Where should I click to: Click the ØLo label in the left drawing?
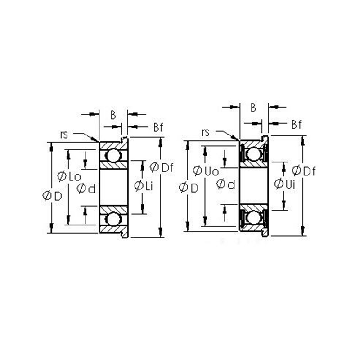click(69, 176)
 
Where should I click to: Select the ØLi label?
click(144, 186)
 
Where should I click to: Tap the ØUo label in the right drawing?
click(206, 171)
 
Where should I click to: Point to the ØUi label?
click(285, 184)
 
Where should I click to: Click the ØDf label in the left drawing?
click(162, 167)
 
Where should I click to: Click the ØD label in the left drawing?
click(52, 196)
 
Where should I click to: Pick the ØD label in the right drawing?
click(189, 188)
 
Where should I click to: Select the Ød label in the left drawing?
click(86, 189)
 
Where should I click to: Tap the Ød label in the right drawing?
click(226, 184)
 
